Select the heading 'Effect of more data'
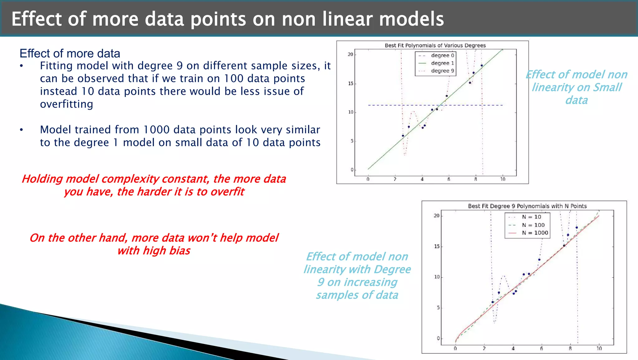pos(70,54)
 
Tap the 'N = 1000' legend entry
pos(535,233)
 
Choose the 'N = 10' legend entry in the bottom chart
pos(531,217)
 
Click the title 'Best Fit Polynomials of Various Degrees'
pos(435,46)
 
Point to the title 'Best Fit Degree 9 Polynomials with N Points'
pos(527,206)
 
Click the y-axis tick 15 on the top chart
pos(350,84)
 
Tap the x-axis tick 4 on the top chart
pos(422,179)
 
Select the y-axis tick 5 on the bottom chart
pos(438,308)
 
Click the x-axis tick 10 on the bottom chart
pos(599,348)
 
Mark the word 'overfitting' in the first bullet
pos(66,104)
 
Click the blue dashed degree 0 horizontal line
pos(386,105)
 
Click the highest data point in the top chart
pos(482,65)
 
